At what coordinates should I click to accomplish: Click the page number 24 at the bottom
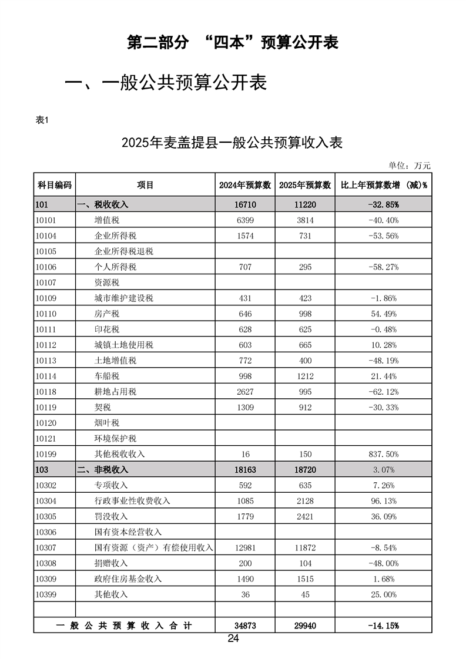pos(233,639)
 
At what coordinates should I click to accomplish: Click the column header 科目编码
pos(55,185)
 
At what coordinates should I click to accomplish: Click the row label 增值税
pos(107,220)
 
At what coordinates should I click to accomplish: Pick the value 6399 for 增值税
pos(245,220)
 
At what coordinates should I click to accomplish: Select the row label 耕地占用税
pos(116,392)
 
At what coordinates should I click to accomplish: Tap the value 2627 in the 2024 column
pos(245,392)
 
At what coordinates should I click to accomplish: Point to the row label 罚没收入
pos(111,516)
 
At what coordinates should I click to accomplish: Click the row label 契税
pos(103,407)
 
